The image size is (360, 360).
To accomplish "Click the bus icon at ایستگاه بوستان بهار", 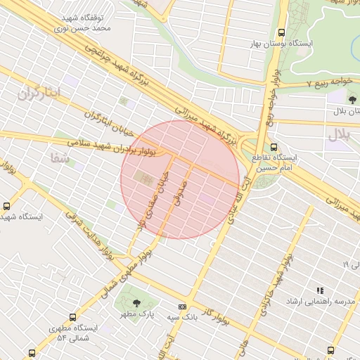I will pos(282,32).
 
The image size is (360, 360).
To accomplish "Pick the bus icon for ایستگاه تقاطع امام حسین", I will pos(274,148).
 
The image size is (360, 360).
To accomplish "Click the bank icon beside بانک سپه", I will pos(183,307).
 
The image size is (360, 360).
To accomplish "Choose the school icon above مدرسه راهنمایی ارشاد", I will pos(320,290).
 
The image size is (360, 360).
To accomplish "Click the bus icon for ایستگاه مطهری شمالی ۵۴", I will pos(72,317).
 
